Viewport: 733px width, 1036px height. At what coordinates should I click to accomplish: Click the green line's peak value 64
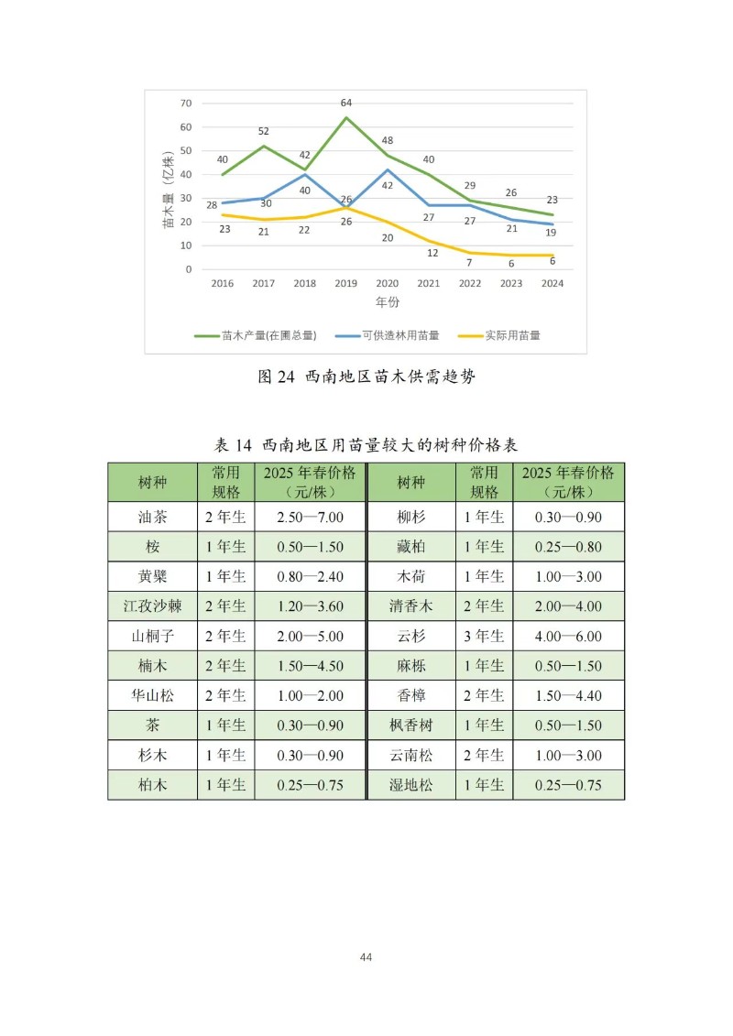coord(346,103)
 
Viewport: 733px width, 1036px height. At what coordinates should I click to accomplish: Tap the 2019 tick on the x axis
coord(346,283)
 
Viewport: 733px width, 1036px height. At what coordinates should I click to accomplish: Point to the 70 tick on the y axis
coord(186,103)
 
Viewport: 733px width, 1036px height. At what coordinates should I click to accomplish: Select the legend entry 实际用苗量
coord(511,335)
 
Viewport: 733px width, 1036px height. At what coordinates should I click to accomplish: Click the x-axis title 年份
coord(387,301)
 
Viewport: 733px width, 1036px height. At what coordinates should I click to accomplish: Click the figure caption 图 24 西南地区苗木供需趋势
coord(366,377)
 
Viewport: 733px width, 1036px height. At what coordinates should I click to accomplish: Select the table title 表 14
coord(234,445)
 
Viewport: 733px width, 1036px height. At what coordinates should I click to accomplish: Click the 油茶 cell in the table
coord(152,517)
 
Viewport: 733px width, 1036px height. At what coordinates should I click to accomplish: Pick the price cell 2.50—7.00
coord(311,517)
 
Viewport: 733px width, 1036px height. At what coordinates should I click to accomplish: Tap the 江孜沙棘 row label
coord(152,606)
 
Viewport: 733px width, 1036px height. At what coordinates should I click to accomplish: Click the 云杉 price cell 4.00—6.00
coord(569,636)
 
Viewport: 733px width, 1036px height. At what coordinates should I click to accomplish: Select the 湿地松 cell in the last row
coord(410,785)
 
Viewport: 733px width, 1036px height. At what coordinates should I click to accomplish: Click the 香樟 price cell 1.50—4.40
coord(569,695)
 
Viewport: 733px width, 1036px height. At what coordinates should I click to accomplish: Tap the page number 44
coord(366,957)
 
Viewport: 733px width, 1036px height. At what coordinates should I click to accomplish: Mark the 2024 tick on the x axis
coord(552,283)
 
